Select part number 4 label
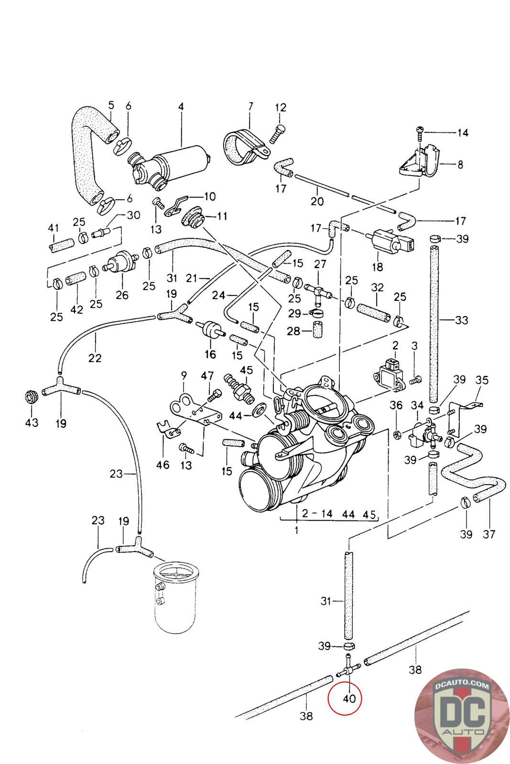click(x=181, y=106)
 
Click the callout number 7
click(x=250, y=106)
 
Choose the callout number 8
click(x=460, y=165)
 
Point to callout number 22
click(x=95, y=357)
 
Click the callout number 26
click(x=122, y=295)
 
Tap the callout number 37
click(x=489, y=533)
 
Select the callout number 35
click(x=482, y=380)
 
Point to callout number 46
click(x=163, y=464)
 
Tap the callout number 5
click(x=111, y=105)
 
